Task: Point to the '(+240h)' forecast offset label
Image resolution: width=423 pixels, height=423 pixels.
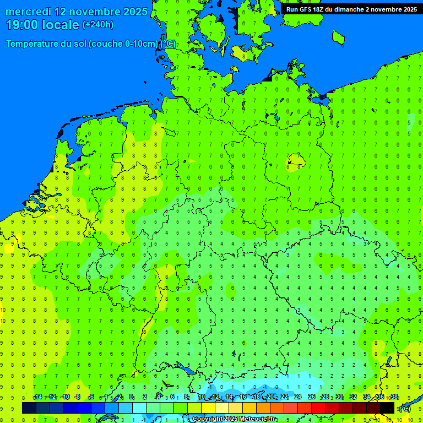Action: [98, 25]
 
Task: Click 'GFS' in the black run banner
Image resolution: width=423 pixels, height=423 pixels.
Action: [308, 9]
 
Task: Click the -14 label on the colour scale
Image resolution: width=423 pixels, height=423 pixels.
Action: [37, 397]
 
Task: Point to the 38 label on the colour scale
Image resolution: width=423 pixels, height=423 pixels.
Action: [394, 397]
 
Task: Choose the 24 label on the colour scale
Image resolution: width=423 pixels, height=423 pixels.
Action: [298, 397]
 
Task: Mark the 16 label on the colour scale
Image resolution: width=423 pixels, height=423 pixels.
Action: [243, 397]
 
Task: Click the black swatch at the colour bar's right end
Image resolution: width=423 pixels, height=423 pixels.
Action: [387, 408]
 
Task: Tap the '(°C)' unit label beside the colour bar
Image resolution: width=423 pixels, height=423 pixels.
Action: [404, 409]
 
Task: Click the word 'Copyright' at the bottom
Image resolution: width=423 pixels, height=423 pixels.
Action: [208, 419]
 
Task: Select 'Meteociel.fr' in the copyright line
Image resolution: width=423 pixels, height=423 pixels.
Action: [258, 419]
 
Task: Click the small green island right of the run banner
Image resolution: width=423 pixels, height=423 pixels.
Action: [338, 36]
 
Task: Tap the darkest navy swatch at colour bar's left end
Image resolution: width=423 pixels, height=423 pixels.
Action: [29, 408]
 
